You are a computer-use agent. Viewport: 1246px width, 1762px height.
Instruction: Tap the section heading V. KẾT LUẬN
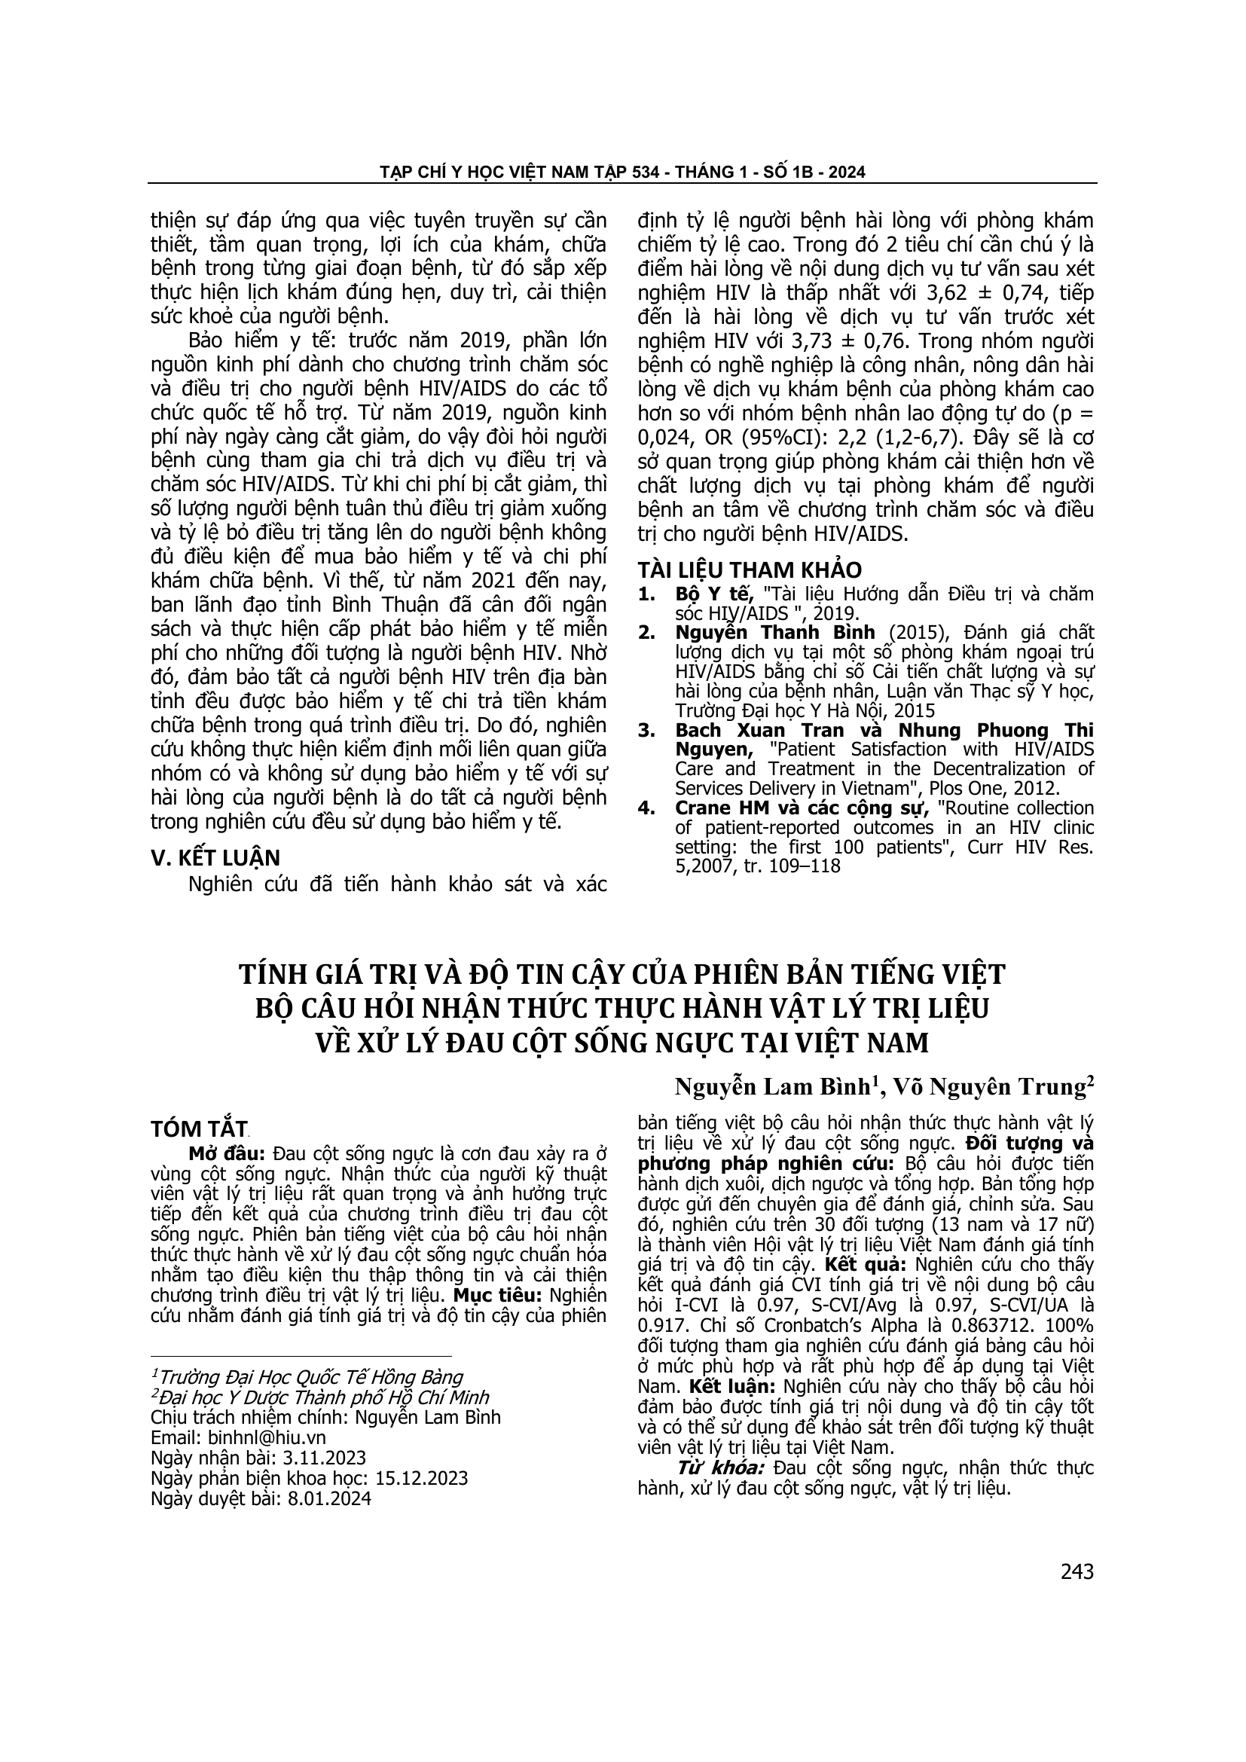coord(215,858)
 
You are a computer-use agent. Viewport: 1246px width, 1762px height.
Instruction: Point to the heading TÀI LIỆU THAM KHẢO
coord(750,570)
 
